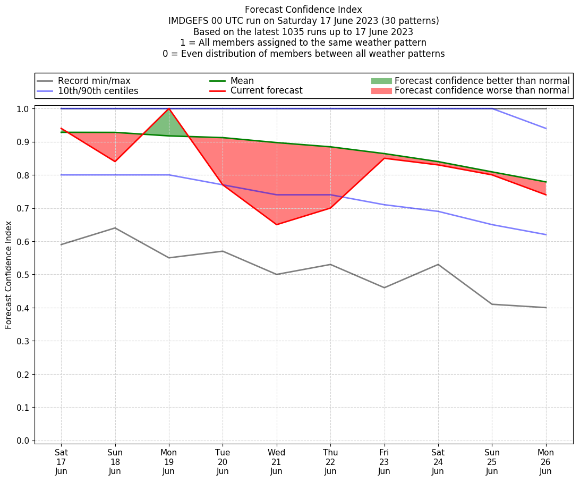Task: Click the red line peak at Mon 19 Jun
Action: pyautogui.click(x=169, y=108)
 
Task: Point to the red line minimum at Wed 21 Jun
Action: pyautogui.click(x=277, y=224)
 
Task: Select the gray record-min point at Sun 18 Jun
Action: pyautogui.click(x=115, y=228)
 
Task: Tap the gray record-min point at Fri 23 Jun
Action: pyautogui.click(x=385, y=287)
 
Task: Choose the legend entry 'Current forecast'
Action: pyautogui.click(x=266, y=91)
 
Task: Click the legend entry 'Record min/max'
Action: pyautogui.click(x=93, y=81)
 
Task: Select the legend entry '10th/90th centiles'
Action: pyautogui.click(x=98, y=91)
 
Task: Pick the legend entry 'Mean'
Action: pyautogui.click(x=242, y=81)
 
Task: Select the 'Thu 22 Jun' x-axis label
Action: pyautogui.click(x=330, y=462)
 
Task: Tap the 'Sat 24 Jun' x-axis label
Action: pyautogui.click(x=438, y=462)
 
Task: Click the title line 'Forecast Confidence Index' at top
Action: pyautogui.click(x=303, y=10)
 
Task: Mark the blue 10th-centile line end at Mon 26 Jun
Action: pyautogui.click(x=546, y=234)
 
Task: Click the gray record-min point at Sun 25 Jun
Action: pyautogui.click(x=492, y=304)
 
